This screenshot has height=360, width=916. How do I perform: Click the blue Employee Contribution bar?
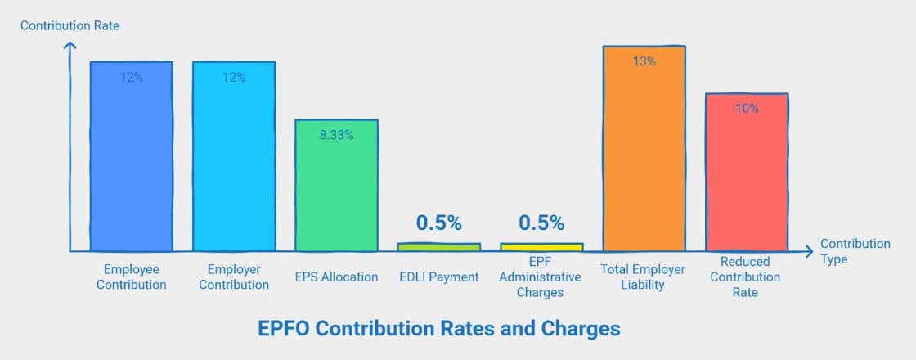[x=131, y=164]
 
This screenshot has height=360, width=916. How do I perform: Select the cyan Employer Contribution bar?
[x=234, y=164]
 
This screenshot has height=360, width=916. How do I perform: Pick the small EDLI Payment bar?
[x=439, y=246]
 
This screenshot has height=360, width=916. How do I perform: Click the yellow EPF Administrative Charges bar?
[x=541, y=246]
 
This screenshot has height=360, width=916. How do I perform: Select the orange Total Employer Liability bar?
[x=644, y=155]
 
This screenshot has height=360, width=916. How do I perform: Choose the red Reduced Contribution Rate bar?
[x=747, y=180]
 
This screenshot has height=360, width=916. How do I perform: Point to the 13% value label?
[x=644, y=61]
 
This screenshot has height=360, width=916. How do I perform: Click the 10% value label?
[x=747, y=108]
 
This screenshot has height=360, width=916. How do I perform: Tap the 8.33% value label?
[x=336, y=135]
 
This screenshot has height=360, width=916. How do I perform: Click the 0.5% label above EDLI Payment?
[x=439, y=223]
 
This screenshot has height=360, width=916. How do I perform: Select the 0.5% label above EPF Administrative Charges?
[x=541, y=223]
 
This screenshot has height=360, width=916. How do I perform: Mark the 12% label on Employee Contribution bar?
[x=131, y=77]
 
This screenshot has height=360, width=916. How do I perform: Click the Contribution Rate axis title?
[x=70, y=25]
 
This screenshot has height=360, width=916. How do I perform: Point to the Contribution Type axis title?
[x=855, y=251]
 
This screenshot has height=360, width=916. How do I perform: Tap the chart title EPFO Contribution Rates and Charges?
[x=439, y=328]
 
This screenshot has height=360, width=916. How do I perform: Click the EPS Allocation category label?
[x=336, y=277]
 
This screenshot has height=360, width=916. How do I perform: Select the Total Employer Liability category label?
[x=644, y=277]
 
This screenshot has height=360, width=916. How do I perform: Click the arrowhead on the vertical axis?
[x=70, y=46]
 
